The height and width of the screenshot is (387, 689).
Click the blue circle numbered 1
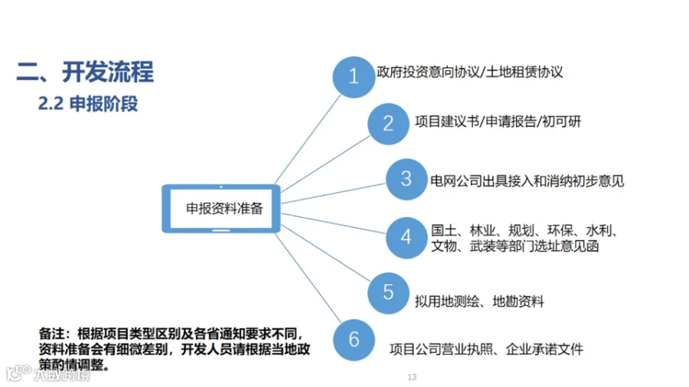(354, 76)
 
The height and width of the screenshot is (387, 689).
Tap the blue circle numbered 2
(388, 123)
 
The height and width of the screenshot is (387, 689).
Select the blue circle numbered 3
(406, 179)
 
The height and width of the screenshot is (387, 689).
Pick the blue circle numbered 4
(406, 236)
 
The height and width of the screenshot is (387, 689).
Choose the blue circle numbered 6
(354, 340)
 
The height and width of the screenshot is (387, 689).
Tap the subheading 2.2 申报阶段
(88, 103)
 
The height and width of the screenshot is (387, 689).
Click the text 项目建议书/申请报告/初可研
(492, 122)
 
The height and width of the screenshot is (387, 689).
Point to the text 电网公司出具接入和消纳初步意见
(527, 181)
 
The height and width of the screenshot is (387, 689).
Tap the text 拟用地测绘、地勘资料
(481, 301)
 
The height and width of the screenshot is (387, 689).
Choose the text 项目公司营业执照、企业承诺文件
(486, 350)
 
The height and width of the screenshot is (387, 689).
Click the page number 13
(412, 378)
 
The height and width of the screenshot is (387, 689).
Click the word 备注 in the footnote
(51, 334)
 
